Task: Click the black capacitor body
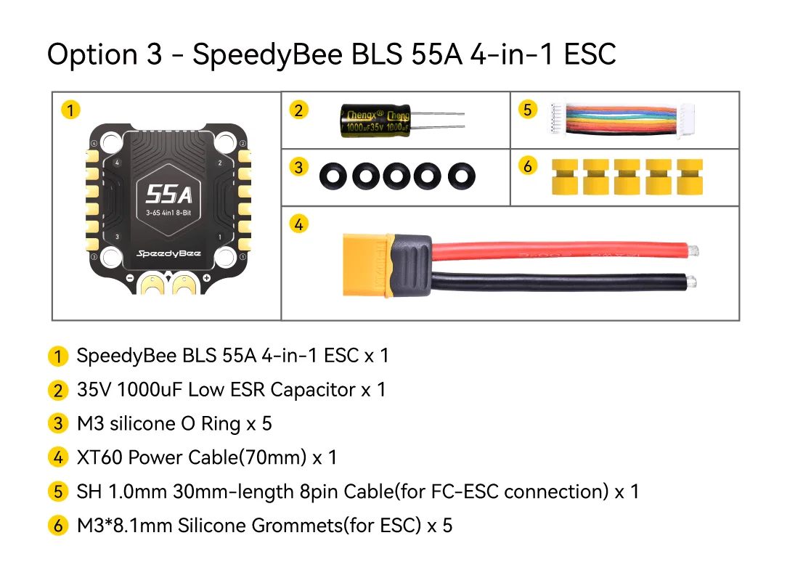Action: (x=375, y=121)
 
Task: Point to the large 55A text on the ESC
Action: (x=168, y=194)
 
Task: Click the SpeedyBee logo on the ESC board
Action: (x=168, y=254)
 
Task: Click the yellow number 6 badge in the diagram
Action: (x=528, y=167)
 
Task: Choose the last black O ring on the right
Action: (x=460, y=174)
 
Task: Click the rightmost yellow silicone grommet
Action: (x=690, y=178)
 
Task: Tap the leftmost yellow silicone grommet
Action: (x=566, y=178)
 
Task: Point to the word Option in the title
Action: (x=92, y=55)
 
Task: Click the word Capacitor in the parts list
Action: (x=314, y=390)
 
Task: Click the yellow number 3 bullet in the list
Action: (x=57, y=424)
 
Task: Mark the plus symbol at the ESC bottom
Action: (x=207, y=278)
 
